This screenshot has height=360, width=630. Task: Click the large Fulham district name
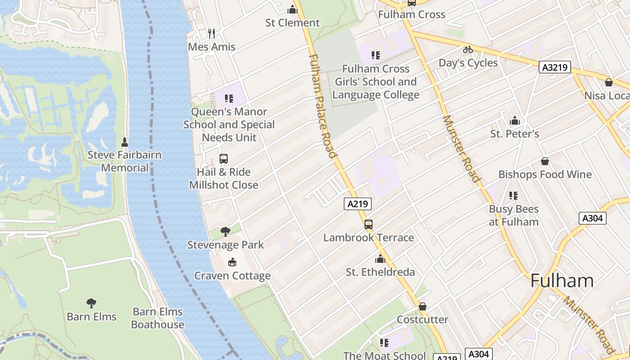(x=562, y=281)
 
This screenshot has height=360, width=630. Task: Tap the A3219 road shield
(x=555, y=67)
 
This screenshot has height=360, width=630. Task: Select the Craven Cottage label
(x=232, y=276)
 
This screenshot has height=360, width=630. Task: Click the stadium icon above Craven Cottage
(x=232, y=262)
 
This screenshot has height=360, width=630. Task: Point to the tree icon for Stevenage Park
(x=225, y=232)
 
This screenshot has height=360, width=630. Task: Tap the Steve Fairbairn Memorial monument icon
(x=125, y=142)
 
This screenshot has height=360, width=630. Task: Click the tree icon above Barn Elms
(x=91, y=303)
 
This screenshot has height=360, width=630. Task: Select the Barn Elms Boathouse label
(x=157, y=318)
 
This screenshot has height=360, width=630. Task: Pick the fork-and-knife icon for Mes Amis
(x=211, y=33)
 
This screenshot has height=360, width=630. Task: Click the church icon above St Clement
(x=292, y=9)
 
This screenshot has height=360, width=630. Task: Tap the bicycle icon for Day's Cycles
(x=468, y=49)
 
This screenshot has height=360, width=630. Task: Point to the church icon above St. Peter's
(x=514, y=121)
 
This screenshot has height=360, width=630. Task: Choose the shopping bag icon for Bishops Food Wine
(x=545, y=161)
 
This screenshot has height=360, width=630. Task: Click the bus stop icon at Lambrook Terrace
(x=369, y=224)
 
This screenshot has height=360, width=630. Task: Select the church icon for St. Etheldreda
(x=380, y=259)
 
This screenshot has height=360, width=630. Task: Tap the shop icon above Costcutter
(x=422, y=306)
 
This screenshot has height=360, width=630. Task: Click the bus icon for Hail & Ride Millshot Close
(x=224, y=158)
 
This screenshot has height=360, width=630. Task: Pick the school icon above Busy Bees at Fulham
(x=513, y=196)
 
